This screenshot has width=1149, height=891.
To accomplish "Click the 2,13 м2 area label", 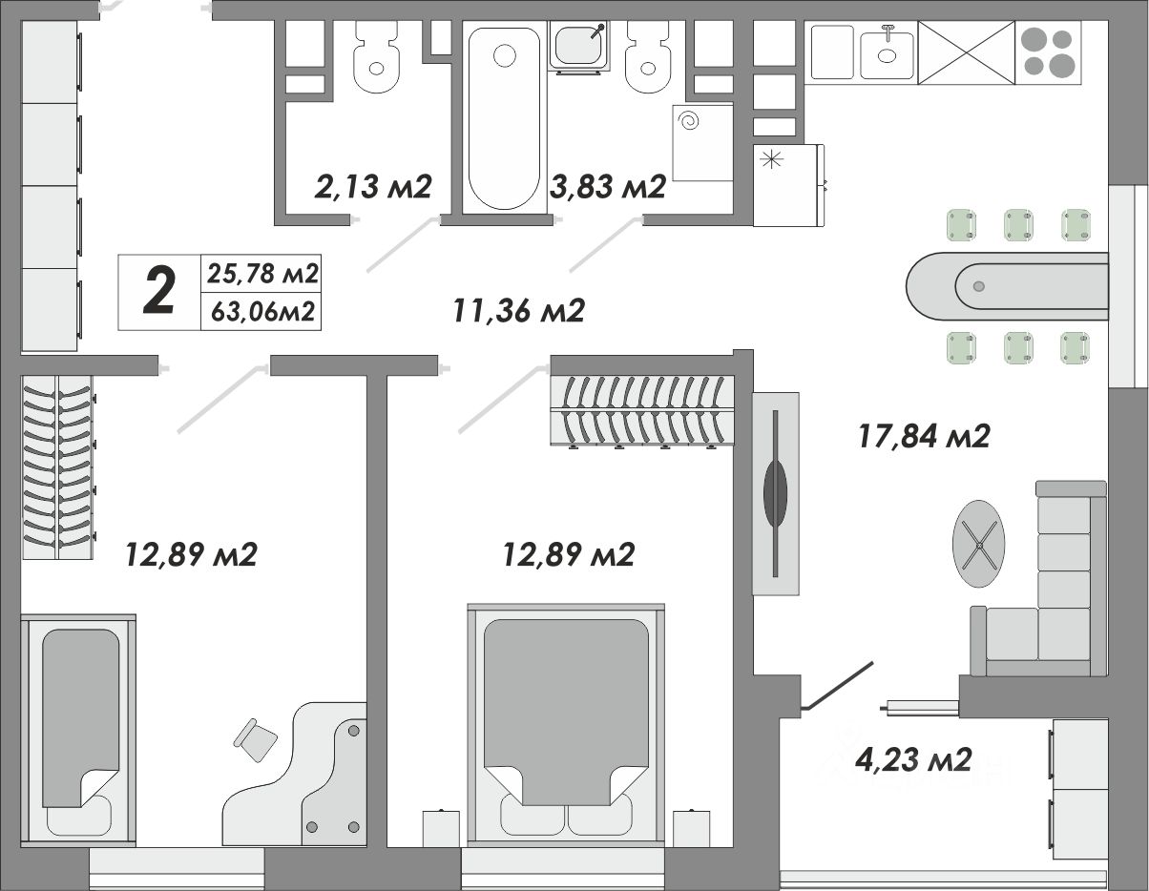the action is point(373,187).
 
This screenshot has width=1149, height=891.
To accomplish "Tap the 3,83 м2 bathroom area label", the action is point(608,187).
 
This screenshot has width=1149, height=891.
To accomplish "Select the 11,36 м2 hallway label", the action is point(519,310).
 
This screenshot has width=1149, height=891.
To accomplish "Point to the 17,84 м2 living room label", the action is point(924,437).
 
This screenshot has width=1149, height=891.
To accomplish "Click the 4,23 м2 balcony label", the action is point(913,759).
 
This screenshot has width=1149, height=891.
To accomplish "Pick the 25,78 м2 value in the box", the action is point(262,273).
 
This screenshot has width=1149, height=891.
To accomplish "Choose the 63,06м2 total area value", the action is point(262,312).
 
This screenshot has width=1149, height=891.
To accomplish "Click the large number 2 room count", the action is point(158,291).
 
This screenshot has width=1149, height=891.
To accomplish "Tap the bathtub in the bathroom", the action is point(504,119).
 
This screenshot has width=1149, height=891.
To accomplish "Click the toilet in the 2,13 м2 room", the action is point(376,56).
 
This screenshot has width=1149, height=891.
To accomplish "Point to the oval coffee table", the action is point(979,544).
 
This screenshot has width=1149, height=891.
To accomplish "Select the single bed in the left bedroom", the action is point(78,731).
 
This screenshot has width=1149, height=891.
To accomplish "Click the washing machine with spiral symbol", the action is point(702,143).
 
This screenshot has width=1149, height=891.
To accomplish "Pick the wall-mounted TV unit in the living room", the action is point(776,493).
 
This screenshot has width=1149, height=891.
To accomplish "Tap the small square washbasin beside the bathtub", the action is point(579,46).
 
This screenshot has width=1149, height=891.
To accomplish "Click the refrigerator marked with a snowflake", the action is point(787,185).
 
